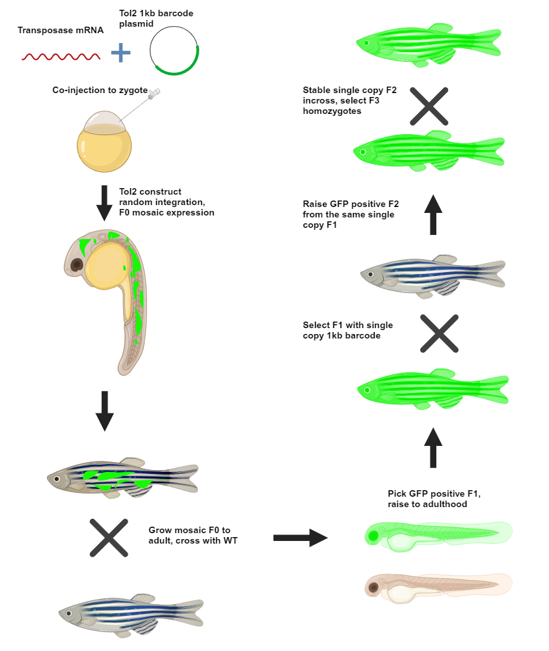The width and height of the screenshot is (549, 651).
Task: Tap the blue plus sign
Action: (120, 53)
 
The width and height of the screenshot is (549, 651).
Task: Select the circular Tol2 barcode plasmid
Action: (175, 51)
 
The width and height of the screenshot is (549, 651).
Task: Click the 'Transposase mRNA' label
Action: (61, 30)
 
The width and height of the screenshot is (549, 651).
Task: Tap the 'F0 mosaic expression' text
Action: (166, 213)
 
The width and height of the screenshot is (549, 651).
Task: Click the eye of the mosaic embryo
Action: (77, 264)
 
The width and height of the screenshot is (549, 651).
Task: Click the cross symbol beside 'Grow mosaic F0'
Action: (109, 538)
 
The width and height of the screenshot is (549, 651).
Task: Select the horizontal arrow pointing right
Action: (300, 538)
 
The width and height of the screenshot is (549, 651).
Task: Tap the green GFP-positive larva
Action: (436, 533)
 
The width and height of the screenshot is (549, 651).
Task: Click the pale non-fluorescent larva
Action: (436, 586)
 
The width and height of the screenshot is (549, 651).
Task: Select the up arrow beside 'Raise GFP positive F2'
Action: (433, 214)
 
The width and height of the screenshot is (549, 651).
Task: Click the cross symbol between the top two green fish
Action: (429, 105)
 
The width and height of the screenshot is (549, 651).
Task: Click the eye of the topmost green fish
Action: (367, 43)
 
